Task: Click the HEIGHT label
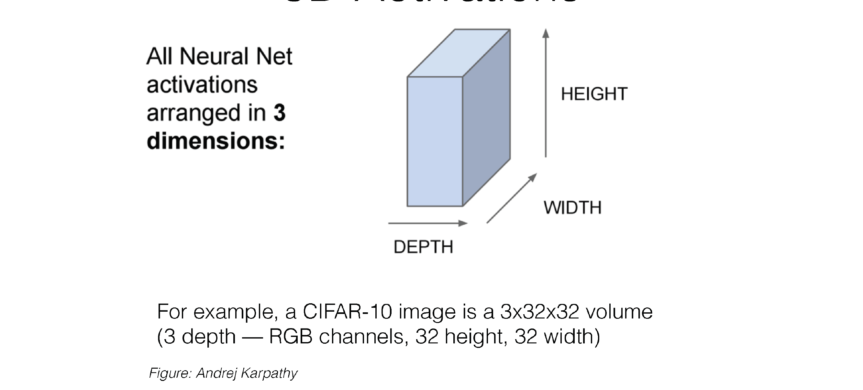(594, 94)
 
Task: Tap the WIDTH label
(572, 208)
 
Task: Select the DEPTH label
(423, 247)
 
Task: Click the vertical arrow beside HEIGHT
(546, 94)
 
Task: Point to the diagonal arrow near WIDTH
(512, 198)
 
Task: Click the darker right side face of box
(486, 117)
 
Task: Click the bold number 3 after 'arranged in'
(279, 113)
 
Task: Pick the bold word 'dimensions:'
(216, 141)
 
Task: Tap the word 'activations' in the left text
(202, 84)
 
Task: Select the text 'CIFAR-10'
(347, 312)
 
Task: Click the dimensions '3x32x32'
(539, 312)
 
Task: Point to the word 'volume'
(619, 312)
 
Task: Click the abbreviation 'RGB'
(291, 336)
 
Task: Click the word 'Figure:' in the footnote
(170, 373)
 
